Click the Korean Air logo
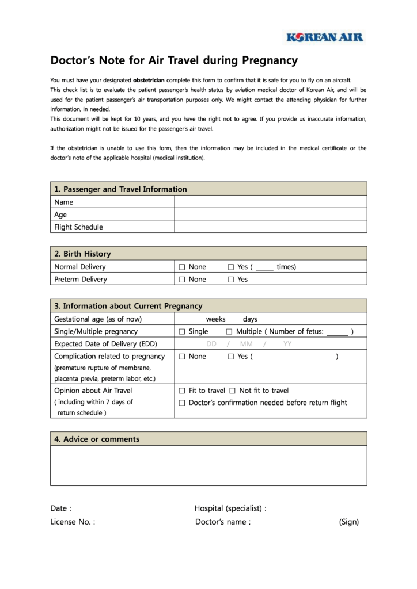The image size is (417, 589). click(325, 37)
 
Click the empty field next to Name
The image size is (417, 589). click(270, 202)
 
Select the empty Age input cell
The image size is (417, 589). click(270, 215)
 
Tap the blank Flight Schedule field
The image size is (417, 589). click(270, 227)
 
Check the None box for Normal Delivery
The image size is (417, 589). click(182, 267)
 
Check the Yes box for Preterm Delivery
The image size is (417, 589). click(231, 280)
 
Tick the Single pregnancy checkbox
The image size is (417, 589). click(182, 332)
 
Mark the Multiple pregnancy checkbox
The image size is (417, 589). click(229, 332)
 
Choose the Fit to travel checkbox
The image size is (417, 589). click(182, 391)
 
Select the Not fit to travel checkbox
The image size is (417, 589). click(233, 391)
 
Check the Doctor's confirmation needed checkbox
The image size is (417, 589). click(182, 403)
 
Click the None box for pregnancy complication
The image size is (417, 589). click(182, 357)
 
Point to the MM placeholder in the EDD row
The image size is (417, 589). click(246, 344)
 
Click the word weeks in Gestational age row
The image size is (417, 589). click(215, 319)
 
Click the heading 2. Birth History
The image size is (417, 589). click(82, 254)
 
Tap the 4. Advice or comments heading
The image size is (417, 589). click(97, 439)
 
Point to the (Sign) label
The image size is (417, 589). click(349, 522)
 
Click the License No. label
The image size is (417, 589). click(73, 522)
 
